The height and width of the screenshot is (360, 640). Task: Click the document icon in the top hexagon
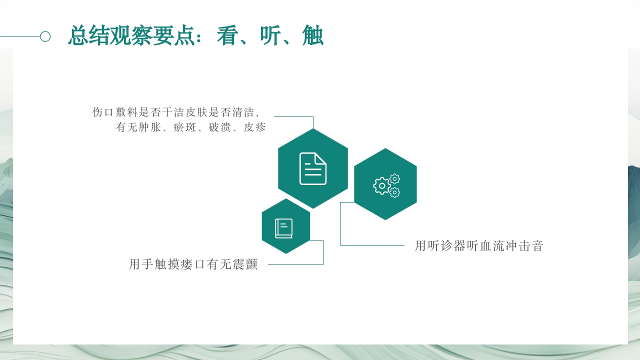313,168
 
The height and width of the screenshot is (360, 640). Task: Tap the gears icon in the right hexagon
386,185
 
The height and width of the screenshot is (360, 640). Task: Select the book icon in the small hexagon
284,228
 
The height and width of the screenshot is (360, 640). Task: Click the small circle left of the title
45,36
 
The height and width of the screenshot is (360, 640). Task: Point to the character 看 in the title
227,36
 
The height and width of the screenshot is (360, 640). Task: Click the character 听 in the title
270,36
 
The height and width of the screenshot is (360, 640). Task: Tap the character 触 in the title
313,36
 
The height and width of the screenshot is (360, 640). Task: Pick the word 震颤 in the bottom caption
245,264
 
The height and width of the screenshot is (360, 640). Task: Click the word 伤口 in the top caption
103,112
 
